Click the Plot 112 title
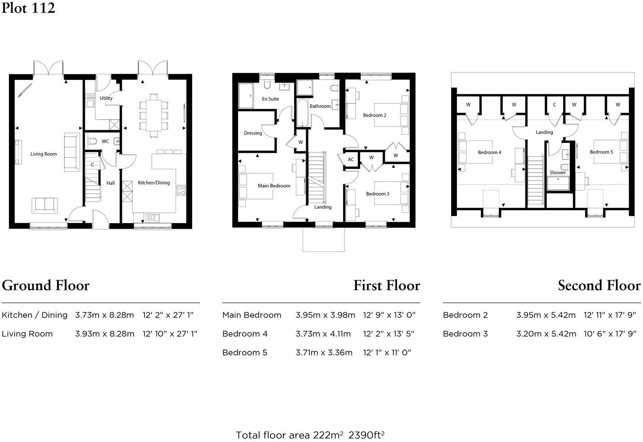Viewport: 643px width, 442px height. [28, 8]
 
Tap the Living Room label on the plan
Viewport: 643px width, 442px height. [44, 154]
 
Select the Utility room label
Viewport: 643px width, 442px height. [106, 98]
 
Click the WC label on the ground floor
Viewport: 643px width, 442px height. [105, 141]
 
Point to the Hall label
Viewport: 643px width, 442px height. [110, 183]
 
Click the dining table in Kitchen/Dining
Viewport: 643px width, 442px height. [154, 115]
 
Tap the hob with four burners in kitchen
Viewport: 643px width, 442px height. [181, 190]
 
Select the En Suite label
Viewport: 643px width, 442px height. [270, 99]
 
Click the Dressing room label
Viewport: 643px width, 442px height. [253, 133]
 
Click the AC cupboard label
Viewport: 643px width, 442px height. [351, 159]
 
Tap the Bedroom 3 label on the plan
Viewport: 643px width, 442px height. [377, 194]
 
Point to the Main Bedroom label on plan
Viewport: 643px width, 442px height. [274, 186]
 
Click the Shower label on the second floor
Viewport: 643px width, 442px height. [558, 173]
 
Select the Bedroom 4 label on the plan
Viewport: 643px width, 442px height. [489, 153]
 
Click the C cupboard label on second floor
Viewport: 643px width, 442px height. [555, 105]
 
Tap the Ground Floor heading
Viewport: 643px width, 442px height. [46, 286]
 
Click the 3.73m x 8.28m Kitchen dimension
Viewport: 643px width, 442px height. [104, 315]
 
